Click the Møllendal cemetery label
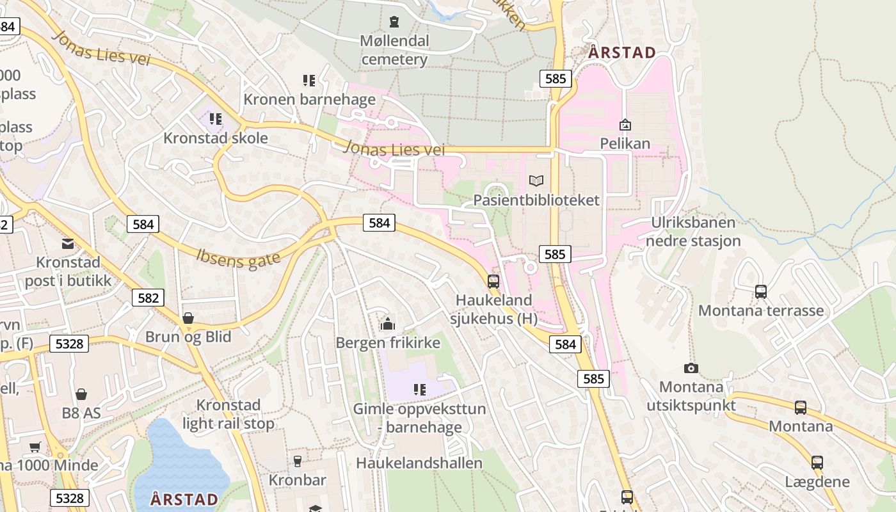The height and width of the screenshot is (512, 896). [x=394, y=50]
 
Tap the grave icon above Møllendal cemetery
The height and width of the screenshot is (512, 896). [x=394, y=22]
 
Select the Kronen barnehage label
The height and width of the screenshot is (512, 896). [x=309, y=99]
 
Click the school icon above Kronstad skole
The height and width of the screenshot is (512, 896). [x=216, y=118]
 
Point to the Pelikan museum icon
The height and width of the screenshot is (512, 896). [x=625, y=125]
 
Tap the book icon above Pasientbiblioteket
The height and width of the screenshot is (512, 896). [x=536, y=181]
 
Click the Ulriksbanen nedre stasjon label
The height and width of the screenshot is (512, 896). [x=693, y=232]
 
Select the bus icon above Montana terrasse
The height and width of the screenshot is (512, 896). [x=760, y=291]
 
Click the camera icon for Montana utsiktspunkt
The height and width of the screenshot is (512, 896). [x=691, y=368]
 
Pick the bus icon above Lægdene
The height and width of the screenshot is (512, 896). [x=817, y=462]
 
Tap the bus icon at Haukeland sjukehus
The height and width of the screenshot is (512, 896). [x=493, y=281]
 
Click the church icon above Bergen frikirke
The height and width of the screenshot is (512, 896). [x=387, y=324]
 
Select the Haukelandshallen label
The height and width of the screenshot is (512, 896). [x=419, y=462]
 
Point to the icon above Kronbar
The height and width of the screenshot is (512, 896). [x=297, y=461]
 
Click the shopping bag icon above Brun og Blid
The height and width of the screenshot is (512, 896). [x=188, y=318]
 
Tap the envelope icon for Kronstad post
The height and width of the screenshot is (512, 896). [x=68, y=243]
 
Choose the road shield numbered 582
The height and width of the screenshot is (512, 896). [x=148, y=298]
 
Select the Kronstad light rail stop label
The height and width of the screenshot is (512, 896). [x=228, y=414]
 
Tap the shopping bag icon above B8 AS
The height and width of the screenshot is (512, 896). [x=81, y=394]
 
